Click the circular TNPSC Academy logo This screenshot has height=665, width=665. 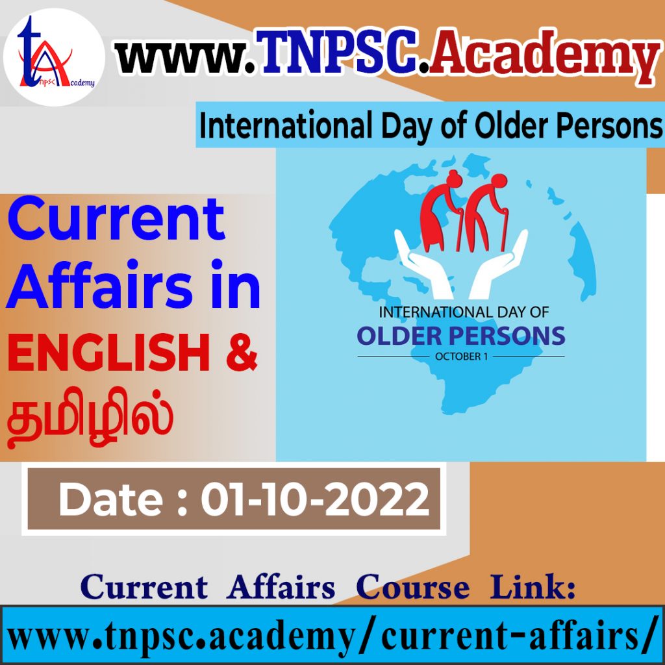(x=54, y=57)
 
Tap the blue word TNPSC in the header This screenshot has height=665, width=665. (x=338, y=51)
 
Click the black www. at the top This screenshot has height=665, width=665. (x=186, y=56)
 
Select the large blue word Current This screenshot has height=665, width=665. (x=116, y=220)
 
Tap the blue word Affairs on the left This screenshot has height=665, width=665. (x=99, y=284)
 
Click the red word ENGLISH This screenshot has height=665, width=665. (x=108, y=352)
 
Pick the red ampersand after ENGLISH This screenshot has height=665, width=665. (x=242, y=352)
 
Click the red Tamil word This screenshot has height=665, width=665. (x=90, y=418)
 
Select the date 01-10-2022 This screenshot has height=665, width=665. (x=315, y=499)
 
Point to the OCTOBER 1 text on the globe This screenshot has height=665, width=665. (x=461, y=357)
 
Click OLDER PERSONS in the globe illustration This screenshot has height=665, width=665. (x=461, y=336)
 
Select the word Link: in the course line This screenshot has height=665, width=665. (x=533, y=586)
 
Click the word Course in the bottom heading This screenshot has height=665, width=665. (x=412, y=586)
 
